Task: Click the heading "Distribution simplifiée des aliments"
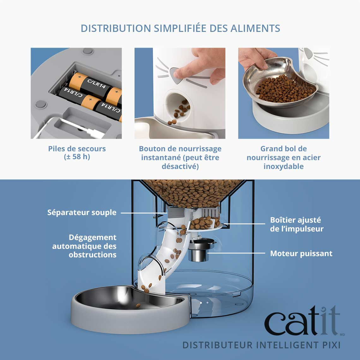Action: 180,28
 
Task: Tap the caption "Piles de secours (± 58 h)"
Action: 77,153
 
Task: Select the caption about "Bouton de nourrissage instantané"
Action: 180,157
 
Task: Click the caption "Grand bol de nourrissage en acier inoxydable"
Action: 283,157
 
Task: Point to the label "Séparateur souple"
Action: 82,213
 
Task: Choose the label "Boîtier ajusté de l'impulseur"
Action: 297,224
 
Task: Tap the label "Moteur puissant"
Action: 301,253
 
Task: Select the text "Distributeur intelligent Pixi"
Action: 261,345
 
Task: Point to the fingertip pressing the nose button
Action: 179,74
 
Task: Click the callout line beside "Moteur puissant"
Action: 237,253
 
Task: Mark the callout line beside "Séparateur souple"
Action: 142,213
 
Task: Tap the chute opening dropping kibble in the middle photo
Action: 178,106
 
